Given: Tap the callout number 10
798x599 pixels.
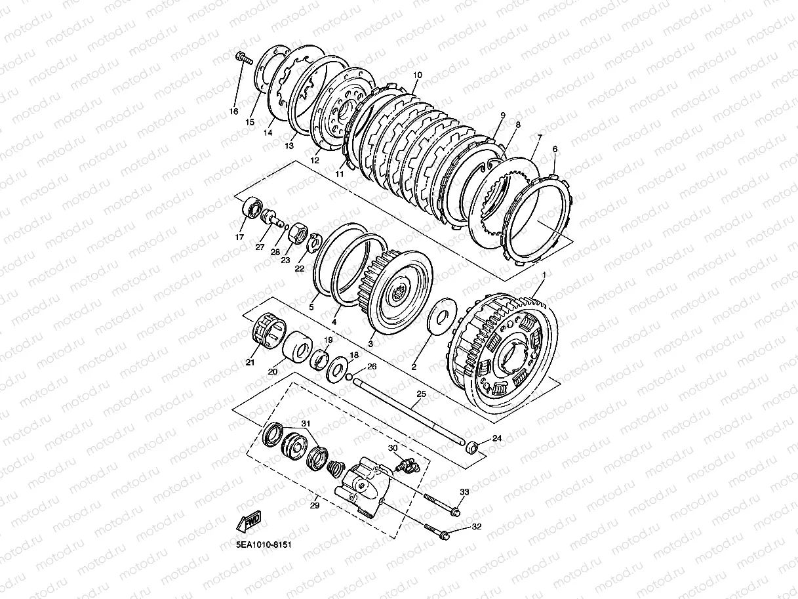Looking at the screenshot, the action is tap(418, 75).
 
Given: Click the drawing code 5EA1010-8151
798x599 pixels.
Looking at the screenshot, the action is tap(265, 544).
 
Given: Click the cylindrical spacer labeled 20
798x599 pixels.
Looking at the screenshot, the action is tap(295, 346).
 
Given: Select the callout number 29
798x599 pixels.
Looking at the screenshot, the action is tap(314, 505).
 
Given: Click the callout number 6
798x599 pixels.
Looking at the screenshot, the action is tap(555, 150).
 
